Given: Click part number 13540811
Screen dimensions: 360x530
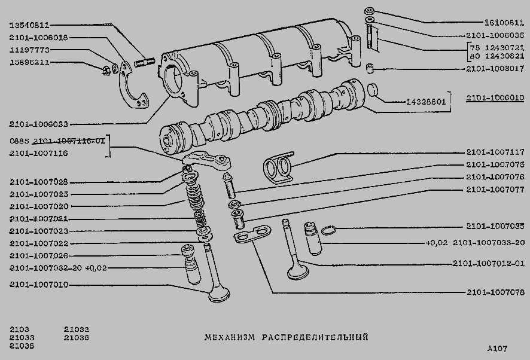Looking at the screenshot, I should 30,25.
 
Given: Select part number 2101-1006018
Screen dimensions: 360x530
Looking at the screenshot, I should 39,38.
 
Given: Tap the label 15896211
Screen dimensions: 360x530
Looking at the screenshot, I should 30,62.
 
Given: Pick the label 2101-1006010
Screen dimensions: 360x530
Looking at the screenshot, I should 494,97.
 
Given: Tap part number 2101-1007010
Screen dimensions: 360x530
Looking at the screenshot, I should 39,285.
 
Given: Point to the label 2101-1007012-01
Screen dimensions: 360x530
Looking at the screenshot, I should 488,263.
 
